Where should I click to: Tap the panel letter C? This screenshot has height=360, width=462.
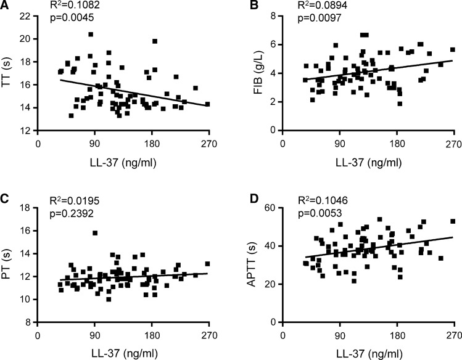click(6, 199)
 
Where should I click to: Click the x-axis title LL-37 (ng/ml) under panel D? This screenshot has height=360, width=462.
click(366, 353)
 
